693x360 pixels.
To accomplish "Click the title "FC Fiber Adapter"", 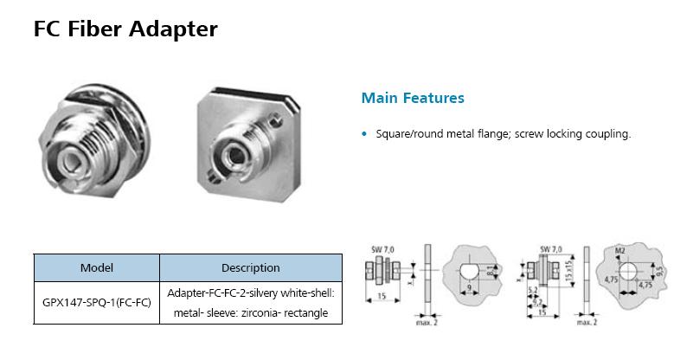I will (x=125, y=29).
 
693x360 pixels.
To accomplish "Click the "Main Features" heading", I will (x=412, y=98).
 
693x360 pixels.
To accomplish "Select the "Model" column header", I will (x=97, y=268).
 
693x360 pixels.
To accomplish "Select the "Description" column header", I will (x=251, y=268).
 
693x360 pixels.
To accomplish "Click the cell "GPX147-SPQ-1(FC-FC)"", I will (x=97, y=303).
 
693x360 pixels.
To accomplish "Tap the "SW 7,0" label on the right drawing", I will (x=551, y=249).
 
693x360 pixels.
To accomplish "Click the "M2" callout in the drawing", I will (x=619, y=251).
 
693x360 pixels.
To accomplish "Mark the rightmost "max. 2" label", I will (x=587, y=322).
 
